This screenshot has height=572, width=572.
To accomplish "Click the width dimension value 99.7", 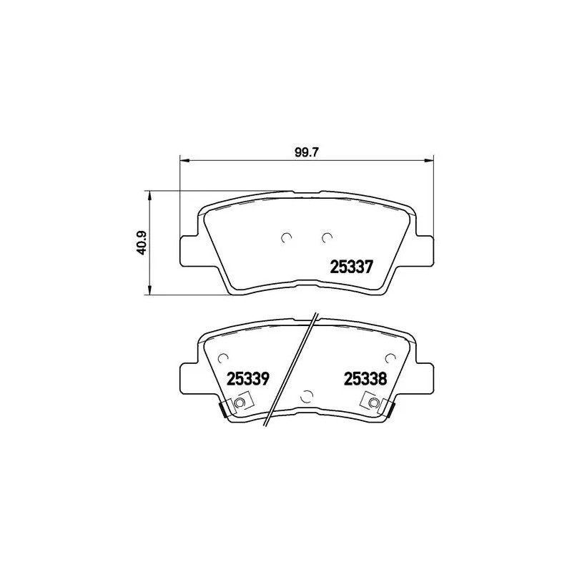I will point(305,152).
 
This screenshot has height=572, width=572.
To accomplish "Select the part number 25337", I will point(351,267).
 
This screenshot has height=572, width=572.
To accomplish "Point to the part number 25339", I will point(247,379).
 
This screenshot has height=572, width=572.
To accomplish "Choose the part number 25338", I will point(365,379).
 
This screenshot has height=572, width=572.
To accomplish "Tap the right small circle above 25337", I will point(327,237).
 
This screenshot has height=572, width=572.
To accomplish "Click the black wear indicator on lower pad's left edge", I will point(222,410).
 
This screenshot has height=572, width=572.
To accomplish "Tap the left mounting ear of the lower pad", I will point(188,377).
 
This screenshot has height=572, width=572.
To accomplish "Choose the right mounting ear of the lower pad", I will point(424,377).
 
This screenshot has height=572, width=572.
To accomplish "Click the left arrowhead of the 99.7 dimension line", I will point(182,159).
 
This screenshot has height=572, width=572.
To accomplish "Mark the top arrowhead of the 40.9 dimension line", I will point(149,194).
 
